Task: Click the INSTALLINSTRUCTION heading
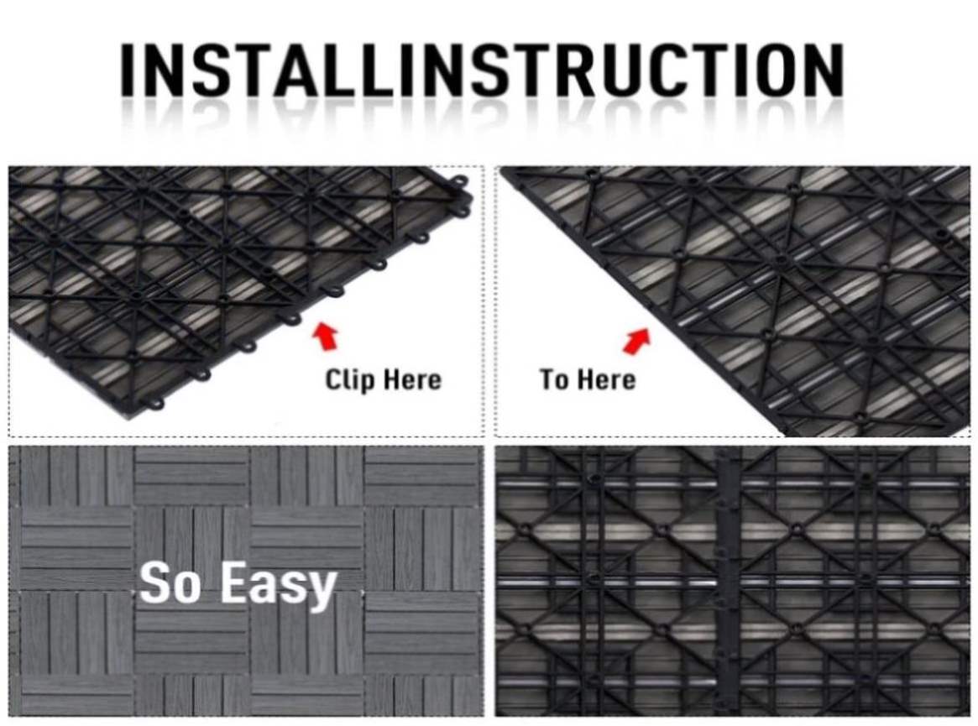point(482,69)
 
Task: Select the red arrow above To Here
point(636,341)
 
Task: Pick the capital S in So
point(154,582)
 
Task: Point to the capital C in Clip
point(333,379)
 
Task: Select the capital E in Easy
point(234,582)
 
